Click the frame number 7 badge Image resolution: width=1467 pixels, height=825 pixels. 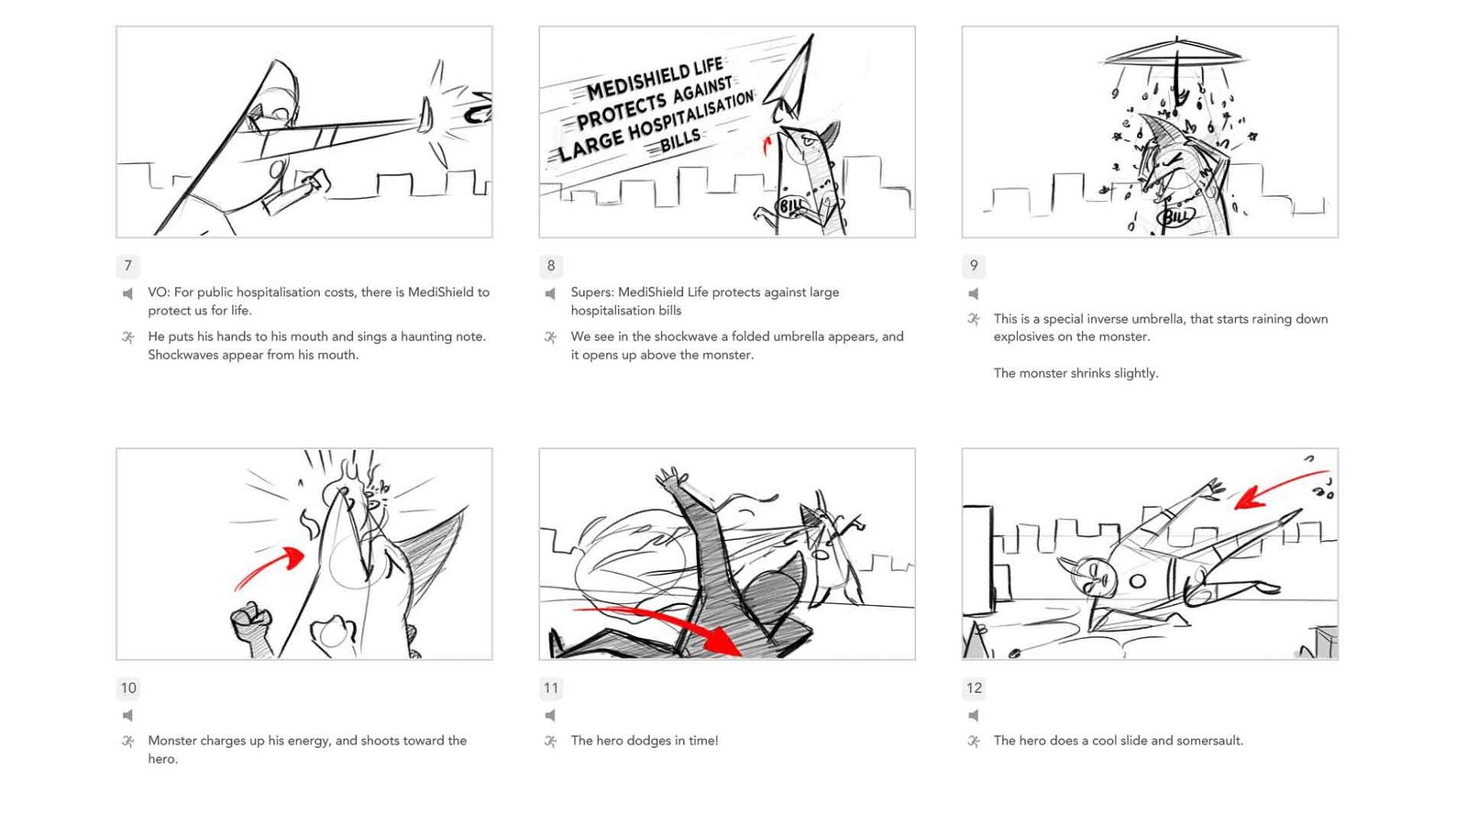(127, 266)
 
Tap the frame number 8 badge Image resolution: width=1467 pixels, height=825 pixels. (551, 266)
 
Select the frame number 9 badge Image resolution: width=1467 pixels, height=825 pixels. (974, 266)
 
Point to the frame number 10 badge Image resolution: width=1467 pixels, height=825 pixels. (128, 688)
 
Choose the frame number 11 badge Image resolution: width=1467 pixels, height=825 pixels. (551, 688)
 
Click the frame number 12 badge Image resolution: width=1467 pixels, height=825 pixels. (974, 688)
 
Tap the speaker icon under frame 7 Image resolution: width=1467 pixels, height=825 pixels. (127, 293)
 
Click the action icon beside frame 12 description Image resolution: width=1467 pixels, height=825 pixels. (974, 742)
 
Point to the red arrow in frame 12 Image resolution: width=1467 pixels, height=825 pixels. (1277, 485)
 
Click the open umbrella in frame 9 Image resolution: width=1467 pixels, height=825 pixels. (1176, 55)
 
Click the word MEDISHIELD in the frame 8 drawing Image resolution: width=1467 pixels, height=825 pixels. (654, 79)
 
